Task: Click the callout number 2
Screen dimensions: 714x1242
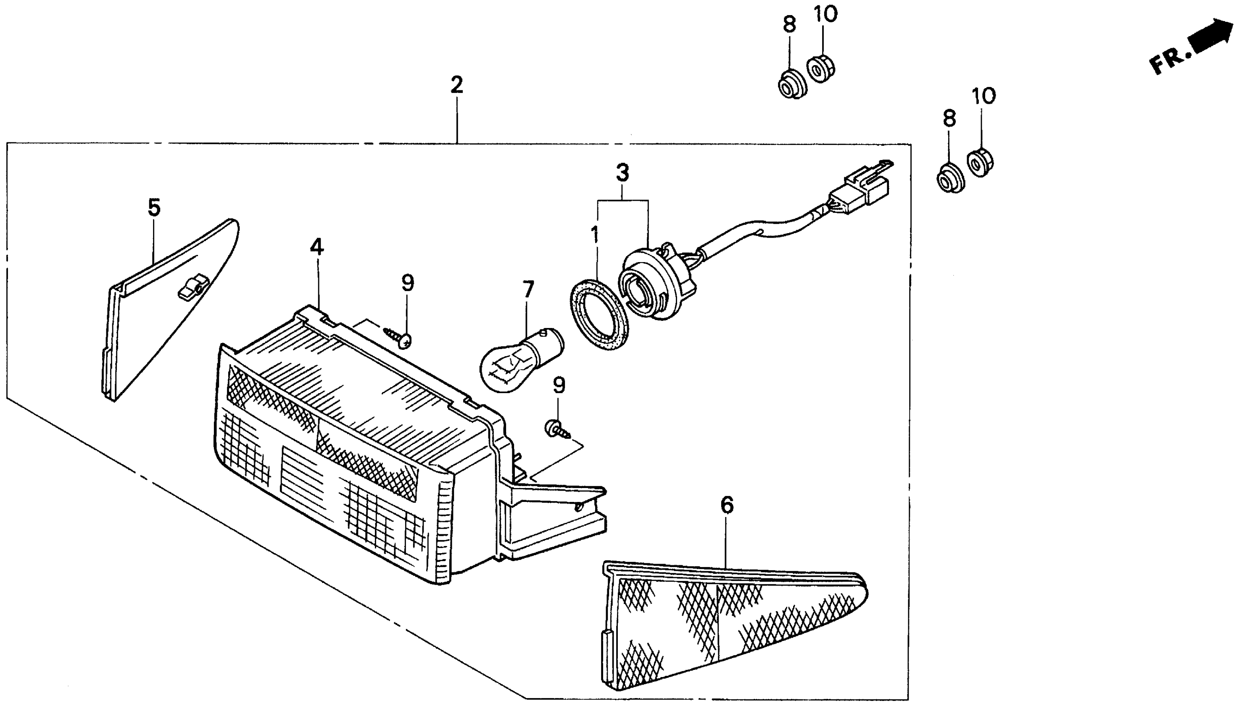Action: coord(456,85)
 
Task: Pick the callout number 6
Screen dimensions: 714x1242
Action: coord(727,505)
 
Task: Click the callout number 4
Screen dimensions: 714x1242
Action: coord(317,247)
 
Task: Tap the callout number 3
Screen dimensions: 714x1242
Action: coord(622,173)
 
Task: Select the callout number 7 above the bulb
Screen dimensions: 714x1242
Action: coord(528,289)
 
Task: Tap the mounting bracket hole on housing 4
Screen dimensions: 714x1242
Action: coord(580,507)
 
